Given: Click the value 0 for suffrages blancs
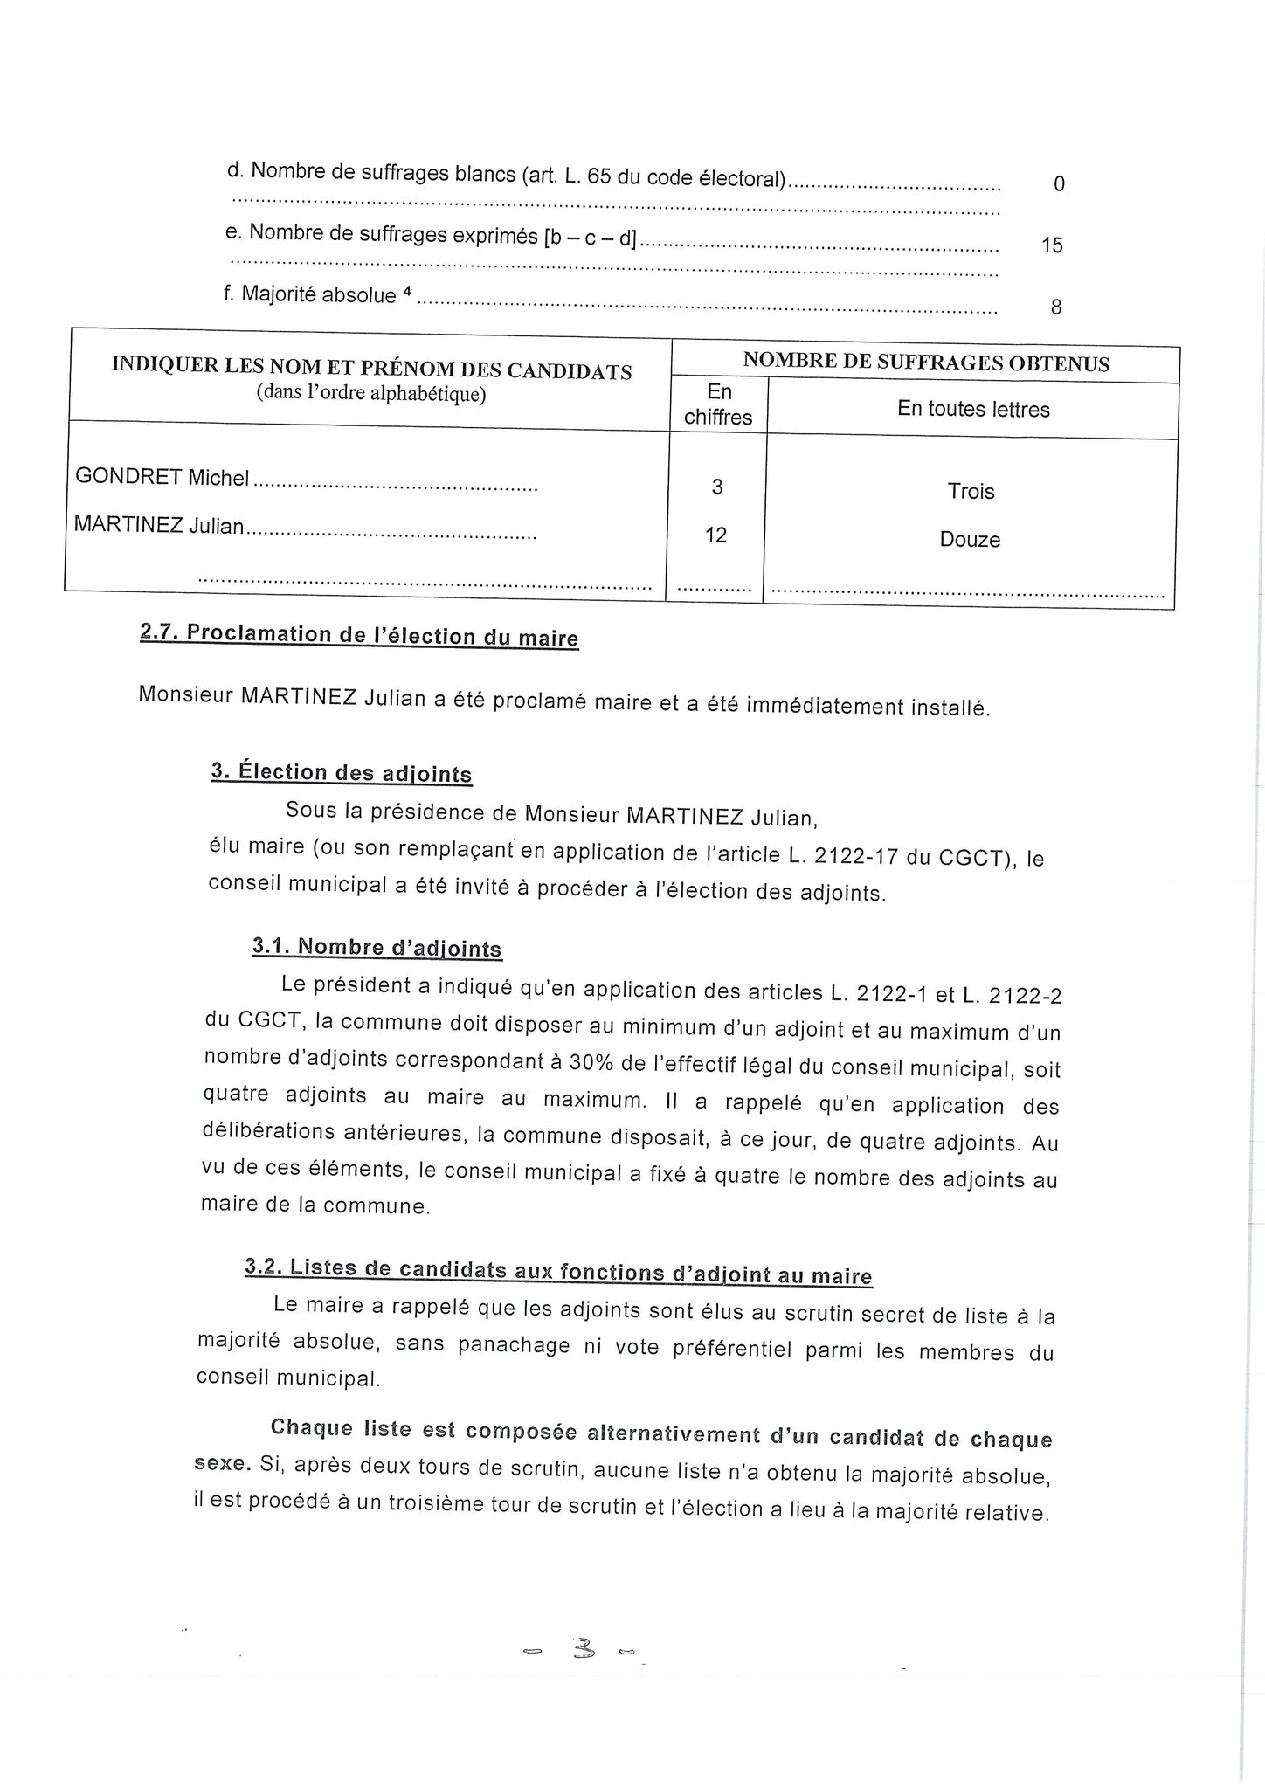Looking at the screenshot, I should (x=1059, y=184).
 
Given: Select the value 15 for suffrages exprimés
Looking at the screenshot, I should (x=1053, y=245).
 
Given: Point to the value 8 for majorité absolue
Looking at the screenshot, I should (x=1056, y=307).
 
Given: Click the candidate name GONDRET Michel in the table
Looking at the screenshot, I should (x=162, y=478).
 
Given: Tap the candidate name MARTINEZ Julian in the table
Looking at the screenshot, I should (x=159, y=526).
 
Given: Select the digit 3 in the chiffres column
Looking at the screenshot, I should (x=717, y=487).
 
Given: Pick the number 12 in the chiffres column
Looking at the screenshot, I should (x=715, y=535).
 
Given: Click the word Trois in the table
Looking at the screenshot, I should (x=971, y=492).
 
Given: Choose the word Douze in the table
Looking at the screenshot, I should (x=970, y=540).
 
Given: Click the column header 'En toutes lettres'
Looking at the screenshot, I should (x=973, y=410).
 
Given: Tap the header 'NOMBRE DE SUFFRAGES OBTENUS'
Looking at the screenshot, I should (x=926, y=363).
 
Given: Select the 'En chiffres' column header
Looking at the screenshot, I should (x=719, y=404).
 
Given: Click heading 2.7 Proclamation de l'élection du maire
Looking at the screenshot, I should (x=359, y=636).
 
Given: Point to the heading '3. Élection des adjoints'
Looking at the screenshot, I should (x=342, y=773).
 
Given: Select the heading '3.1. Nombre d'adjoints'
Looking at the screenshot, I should (x=377, y=948).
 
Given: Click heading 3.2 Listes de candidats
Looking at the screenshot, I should (x=558, y=1272).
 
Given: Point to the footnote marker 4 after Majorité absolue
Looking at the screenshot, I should (x=407, y=293).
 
